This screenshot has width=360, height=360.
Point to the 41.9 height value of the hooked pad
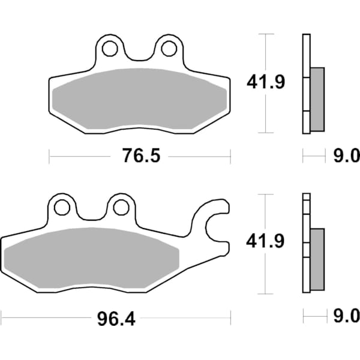click(x=264, y=242)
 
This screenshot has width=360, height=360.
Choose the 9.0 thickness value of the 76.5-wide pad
click(x=346, y=157)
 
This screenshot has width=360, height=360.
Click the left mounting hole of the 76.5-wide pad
click(x=109, y=47)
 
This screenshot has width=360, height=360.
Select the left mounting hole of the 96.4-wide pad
click(x=61, y=208)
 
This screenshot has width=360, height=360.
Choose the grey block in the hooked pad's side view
click(x=317, y=258)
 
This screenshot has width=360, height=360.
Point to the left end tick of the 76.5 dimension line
click(x=49, y=157)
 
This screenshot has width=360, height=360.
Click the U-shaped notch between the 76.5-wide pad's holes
click(x=139, y=54)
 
